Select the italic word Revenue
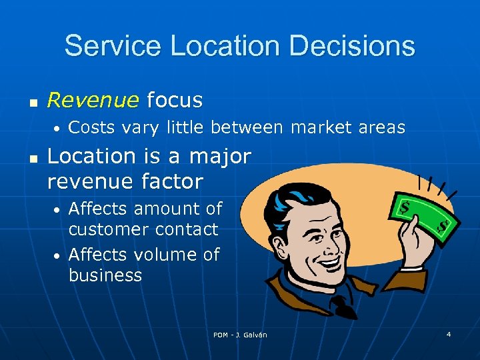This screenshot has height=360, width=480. [x=93, y=100]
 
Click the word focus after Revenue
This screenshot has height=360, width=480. [x=174, y=100]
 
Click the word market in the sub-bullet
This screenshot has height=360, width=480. [x=317, y=127]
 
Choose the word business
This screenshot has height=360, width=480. [x=105, y=275]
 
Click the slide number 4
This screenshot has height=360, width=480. [x=449, y=333]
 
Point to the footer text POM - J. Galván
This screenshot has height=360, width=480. [x=240, y=335]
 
